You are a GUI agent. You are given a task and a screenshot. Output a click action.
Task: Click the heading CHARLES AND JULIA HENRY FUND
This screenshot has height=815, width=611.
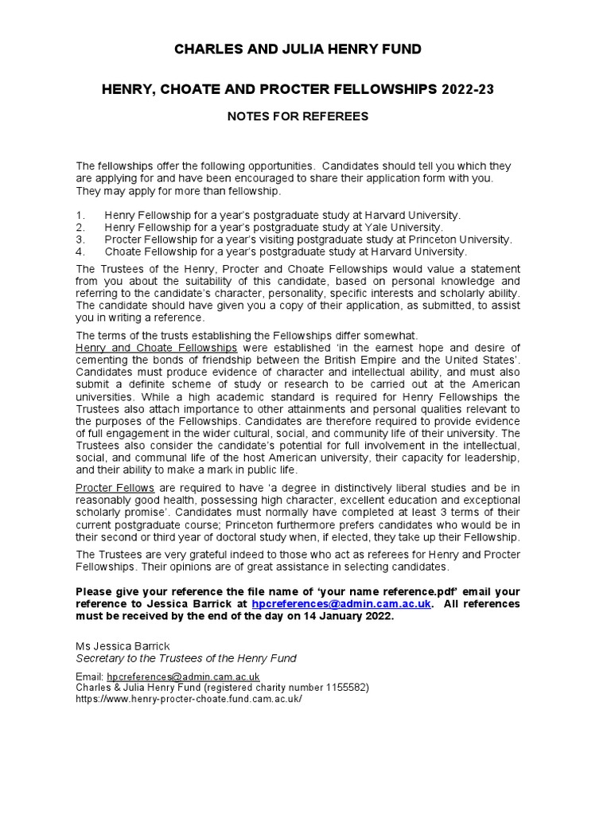pyautogui.click(x=298, y=50)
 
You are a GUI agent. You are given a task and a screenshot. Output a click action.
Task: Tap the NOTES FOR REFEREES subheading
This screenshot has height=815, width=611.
pyautogui.click(x=298, y=116)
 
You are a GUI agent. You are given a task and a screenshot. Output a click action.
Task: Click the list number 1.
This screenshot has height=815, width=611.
pyautogui.click(x=80, y=216)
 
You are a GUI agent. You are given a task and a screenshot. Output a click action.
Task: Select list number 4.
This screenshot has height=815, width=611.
pyautogui.click(x=80, y=252)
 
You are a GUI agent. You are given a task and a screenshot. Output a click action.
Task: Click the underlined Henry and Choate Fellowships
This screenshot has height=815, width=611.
pyautogui.click(x=157, y=348)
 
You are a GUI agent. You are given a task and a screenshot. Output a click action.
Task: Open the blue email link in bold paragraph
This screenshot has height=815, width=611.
pyautogui.click(x=341, y=604)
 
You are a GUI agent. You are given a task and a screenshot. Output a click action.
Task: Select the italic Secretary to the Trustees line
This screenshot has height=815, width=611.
pyautogui.click(x=186, y=658)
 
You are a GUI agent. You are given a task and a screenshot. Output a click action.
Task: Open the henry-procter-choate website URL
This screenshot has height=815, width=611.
pyautogui.click(x=189, y=698)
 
